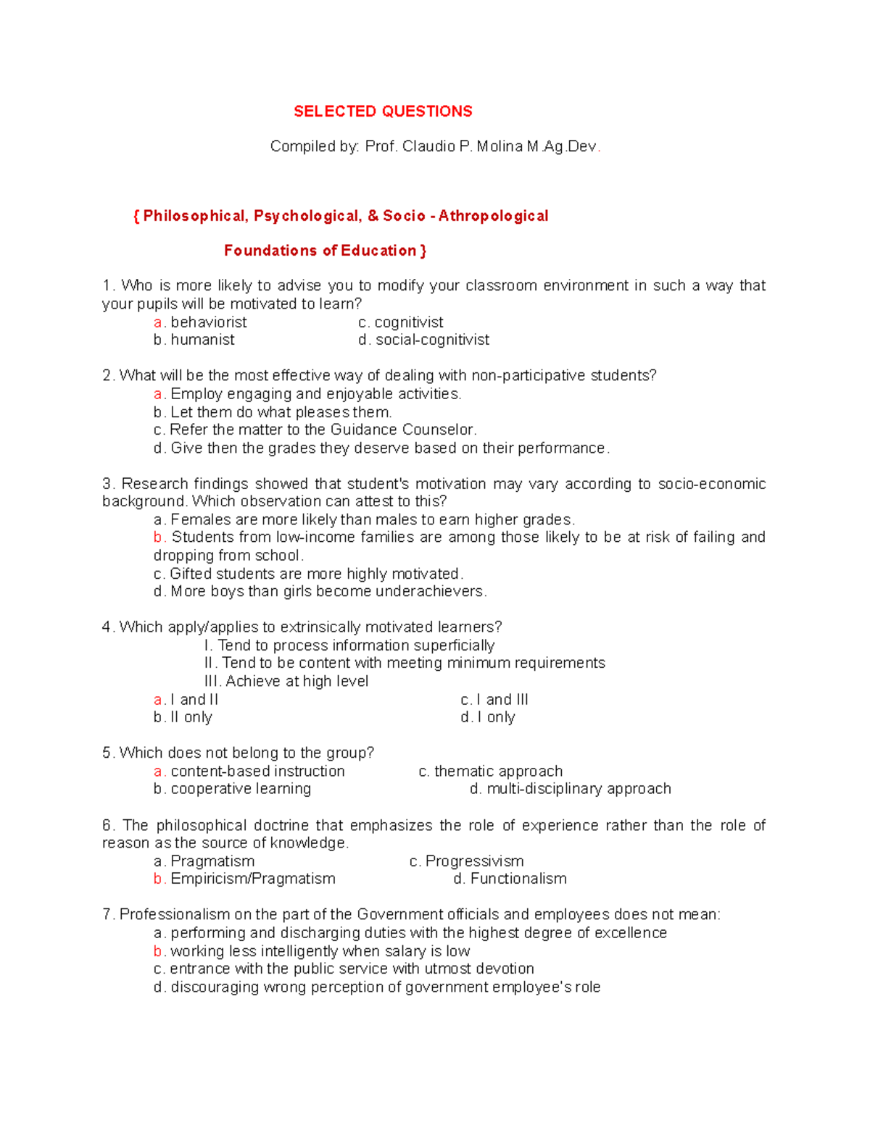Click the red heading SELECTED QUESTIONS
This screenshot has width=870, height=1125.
point(383,112)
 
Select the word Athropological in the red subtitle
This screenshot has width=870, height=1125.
point(493,216)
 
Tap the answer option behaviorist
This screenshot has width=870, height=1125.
point(209,322)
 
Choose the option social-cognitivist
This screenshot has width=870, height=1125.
point(432,340)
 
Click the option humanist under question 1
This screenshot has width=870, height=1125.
point(202,340)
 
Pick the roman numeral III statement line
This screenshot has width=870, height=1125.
point(286,682)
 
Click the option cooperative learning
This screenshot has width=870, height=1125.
point(241,789)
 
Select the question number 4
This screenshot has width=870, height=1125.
point(107,627)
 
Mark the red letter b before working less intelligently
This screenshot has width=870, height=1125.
point(157,951)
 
